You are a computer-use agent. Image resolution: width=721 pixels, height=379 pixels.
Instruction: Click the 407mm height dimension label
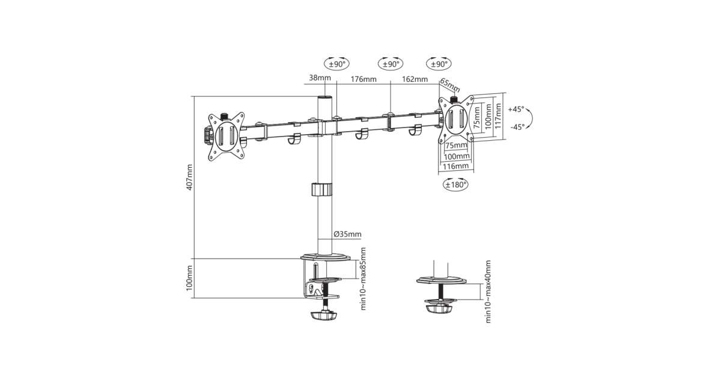point(189,177)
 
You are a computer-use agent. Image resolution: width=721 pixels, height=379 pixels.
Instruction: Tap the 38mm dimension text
point(320,78)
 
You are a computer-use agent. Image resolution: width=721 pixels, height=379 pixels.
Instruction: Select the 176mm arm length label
point(364,79)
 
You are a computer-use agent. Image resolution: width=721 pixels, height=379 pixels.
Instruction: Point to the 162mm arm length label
point(415,79)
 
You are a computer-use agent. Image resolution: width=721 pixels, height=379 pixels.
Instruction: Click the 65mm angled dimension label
point(450,85)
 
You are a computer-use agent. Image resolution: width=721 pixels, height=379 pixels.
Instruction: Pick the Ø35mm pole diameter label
point(347,234)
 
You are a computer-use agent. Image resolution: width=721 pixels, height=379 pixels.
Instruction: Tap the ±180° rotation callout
point(455,185)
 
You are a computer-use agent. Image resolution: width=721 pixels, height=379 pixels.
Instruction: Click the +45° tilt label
point(516,109)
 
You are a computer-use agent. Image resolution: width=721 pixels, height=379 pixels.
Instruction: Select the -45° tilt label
point(517,127)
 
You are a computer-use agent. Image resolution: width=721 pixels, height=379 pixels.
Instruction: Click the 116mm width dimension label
point(456,166)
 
